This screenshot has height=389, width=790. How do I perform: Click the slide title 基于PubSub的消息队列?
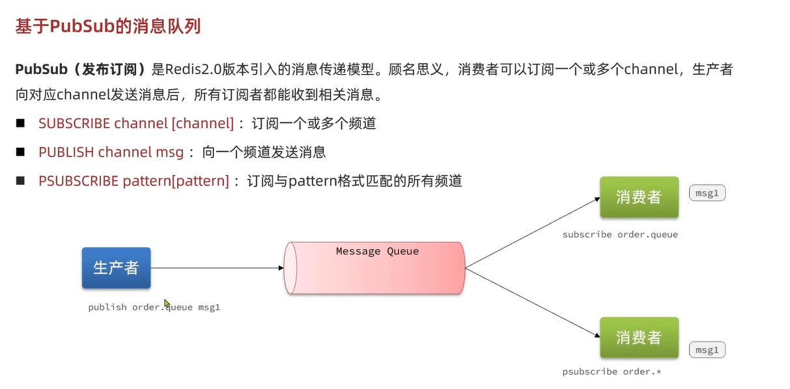click(107, 26)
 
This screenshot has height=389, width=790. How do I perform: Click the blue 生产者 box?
click(116, 267)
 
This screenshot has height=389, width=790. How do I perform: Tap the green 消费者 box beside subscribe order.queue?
click(638, 197)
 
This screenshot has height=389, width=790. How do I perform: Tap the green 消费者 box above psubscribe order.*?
click(638, 338)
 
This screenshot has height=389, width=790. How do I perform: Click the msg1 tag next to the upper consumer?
click(707, 193)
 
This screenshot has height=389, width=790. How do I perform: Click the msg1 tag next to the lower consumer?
click(707, 350)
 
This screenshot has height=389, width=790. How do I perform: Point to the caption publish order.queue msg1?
click(154, 307)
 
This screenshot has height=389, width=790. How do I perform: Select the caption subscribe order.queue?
click(620, 234)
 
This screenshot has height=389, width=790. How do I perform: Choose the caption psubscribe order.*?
click(612, 371)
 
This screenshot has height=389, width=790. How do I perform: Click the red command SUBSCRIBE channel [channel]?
click(135, 123)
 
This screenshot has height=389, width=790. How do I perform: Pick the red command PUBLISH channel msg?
click(111, 152)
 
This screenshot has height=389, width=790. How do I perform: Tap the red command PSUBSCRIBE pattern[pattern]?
click(134, 181)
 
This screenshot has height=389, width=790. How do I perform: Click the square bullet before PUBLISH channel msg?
click(20, 152)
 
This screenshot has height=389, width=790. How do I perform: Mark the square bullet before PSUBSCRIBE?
click(20, 180)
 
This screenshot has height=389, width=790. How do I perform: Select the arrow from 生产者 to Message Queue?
click(216, 267)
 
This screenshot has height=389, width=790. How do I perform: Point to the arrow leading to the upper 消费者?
click(533, 232)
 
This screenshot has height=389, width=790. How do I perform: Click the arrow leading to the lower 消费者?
click(533, 302)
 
